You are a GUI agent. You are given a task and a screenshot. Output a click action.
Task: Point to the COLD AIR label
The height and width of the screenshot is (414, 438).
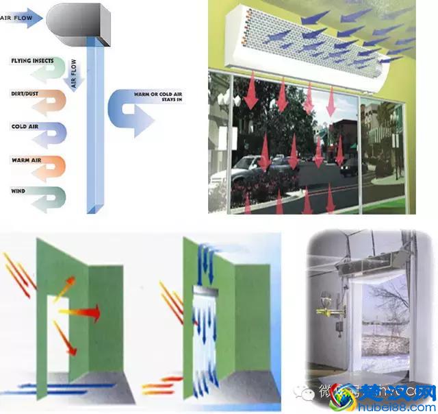[x=23, y=126]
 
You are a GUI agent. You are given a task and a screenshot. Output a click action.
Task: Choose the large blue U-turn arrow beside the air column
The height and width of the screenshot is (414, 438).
[x=133, y=113]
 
